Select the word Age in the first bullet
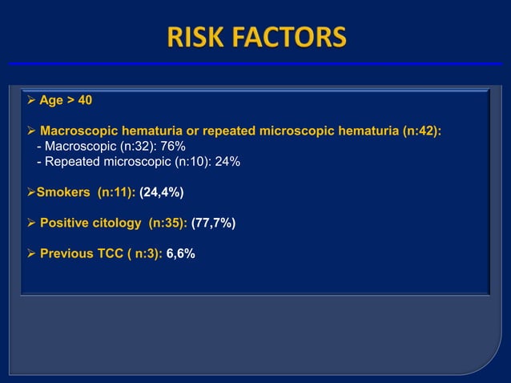pos(51,101)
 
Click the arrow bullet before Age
pos(30,101)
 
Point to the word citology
pos(119,223)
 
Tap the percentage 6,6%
pos(180,253)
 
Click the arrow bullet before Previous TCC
pos(30,253)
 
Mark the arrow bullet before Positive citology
pos(30,223)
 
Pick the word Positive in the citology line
pos(66,223)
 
